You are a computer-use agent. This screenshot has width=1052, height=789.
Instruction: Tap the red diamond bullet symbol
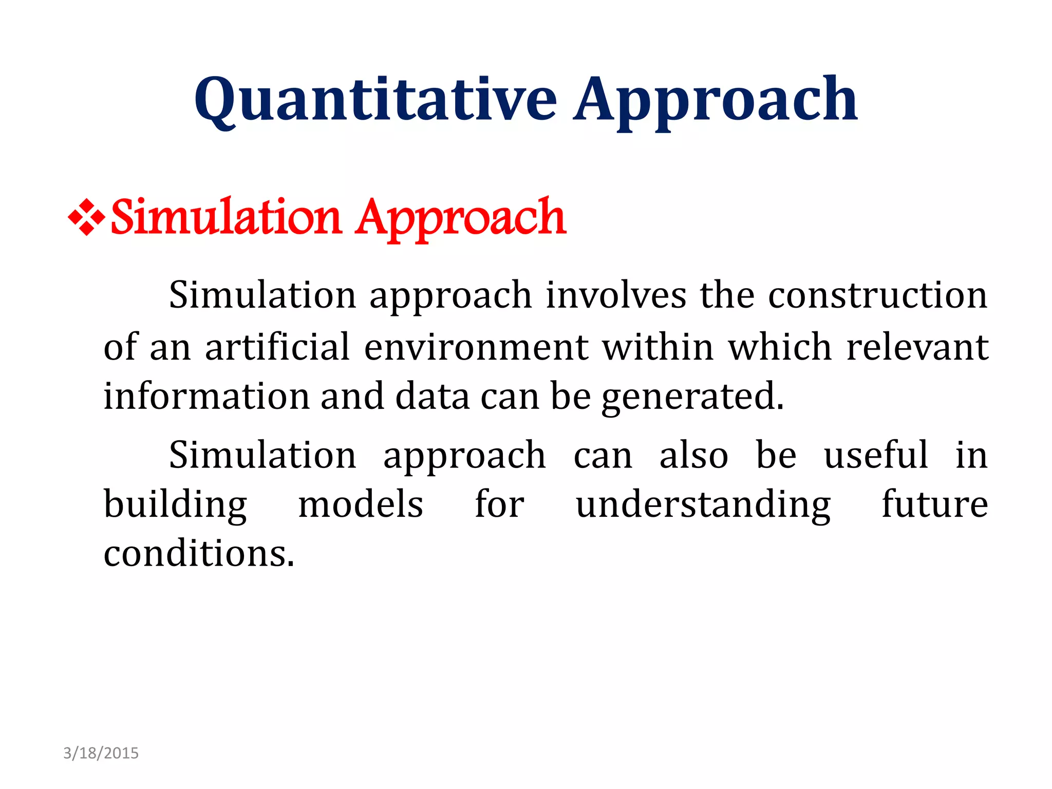[x=86, y=217]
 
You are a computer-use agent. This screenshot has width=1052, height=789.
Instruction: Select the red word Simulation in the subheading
[x=226, y=217]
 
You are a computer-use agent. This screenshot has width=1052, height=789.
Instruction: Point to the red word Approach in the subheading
[x=461, y=218]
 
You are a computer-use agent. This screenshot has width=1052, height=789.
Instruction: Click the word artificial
[x=277, y=347]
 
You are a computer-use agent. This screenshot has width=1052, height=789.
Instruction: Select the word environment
[x=476, y=347]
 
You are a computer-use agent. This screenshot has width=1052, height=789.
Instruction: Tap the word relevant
[x=917, y=347]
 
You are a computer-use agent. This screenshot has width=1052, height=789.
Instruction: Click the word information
[x=206, y=396]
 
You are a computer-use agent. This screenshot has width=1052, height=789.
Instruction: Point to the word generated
[x=692, y=397]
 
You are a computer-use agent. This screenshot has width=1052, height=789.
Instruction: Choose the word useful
[x=876, y=455]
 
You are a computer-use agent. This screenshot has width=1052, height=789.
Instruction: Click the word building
[x=175, y=504]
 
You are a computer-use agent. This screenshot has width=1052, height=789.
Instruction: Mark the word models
[x=361, y=504]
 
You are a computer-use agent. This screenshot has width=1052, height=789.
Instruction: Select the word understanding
[x=703, y=504]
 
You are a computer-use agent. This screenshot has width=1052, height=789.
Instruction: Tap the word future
[x=934, y=504]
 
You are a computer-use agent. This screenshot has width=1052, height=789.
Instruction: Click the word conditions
[x=199, y=554]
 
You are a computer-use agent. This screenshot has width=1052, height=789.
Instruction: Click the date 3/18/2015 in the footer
[x=101, y=753]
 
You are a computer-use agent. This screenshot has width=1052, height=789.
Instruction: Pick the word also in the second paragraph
[x=693, y=455]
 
